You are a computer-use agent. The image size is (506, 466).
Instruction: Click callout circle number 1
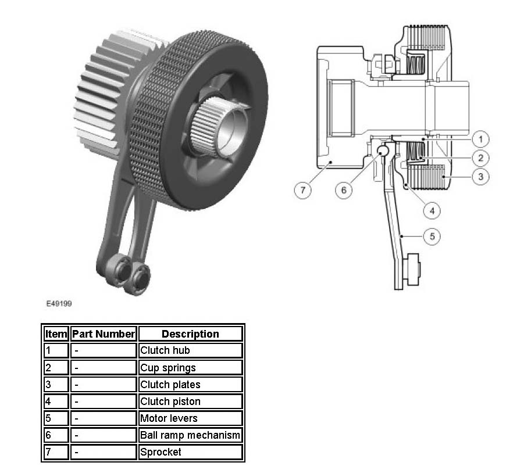[x=480, y=139]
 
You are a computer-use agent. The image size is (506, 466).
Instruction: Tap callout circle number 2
[x=480, y=157]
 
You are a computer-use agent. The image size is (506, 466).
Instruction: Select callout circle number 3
[x=480, y=177]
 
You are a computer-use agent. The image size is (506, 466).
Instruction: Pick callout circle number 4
[x=432, y=211]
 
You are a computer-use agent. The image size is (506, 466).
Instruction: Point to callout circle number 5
[x=432, y=236]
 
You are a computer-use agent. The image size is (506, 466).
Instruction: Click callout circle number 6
[x=344, y=190]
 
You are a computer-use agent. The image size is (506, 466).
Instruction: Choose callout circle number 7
[x=302, y=190]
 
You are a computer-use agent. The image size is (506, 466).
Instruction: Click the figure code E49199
[x=59, y=303]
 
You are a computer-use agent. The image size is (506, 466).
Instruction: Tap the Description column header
[x=190, y=334]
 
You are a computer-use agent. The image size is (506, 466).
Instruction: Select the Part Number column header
[x=104, y=334]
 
